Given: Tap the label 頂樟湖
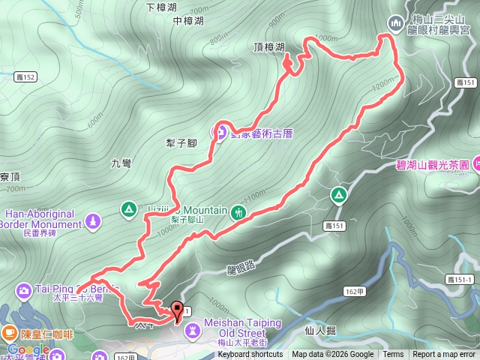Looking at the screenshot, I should [269, 47].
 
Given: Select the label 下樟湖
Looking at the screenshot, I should [161, 7].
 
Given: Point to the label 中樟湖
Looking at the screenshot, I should [187, 22].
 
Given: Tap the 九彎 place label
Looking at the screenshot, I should [121, 163].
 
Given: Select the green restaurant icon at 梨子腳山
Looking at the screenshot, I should [238, 211].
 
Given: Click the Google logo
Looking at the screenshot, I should [28, 349].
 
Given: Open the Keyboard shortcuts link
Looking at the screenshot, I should [250, 355].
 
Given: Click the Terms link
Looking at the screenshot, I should [393, 355].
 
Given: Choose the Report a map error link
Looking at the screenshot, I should [444, 355].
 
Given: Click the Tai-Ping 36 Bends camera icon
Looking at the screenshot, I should [23, 289].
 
